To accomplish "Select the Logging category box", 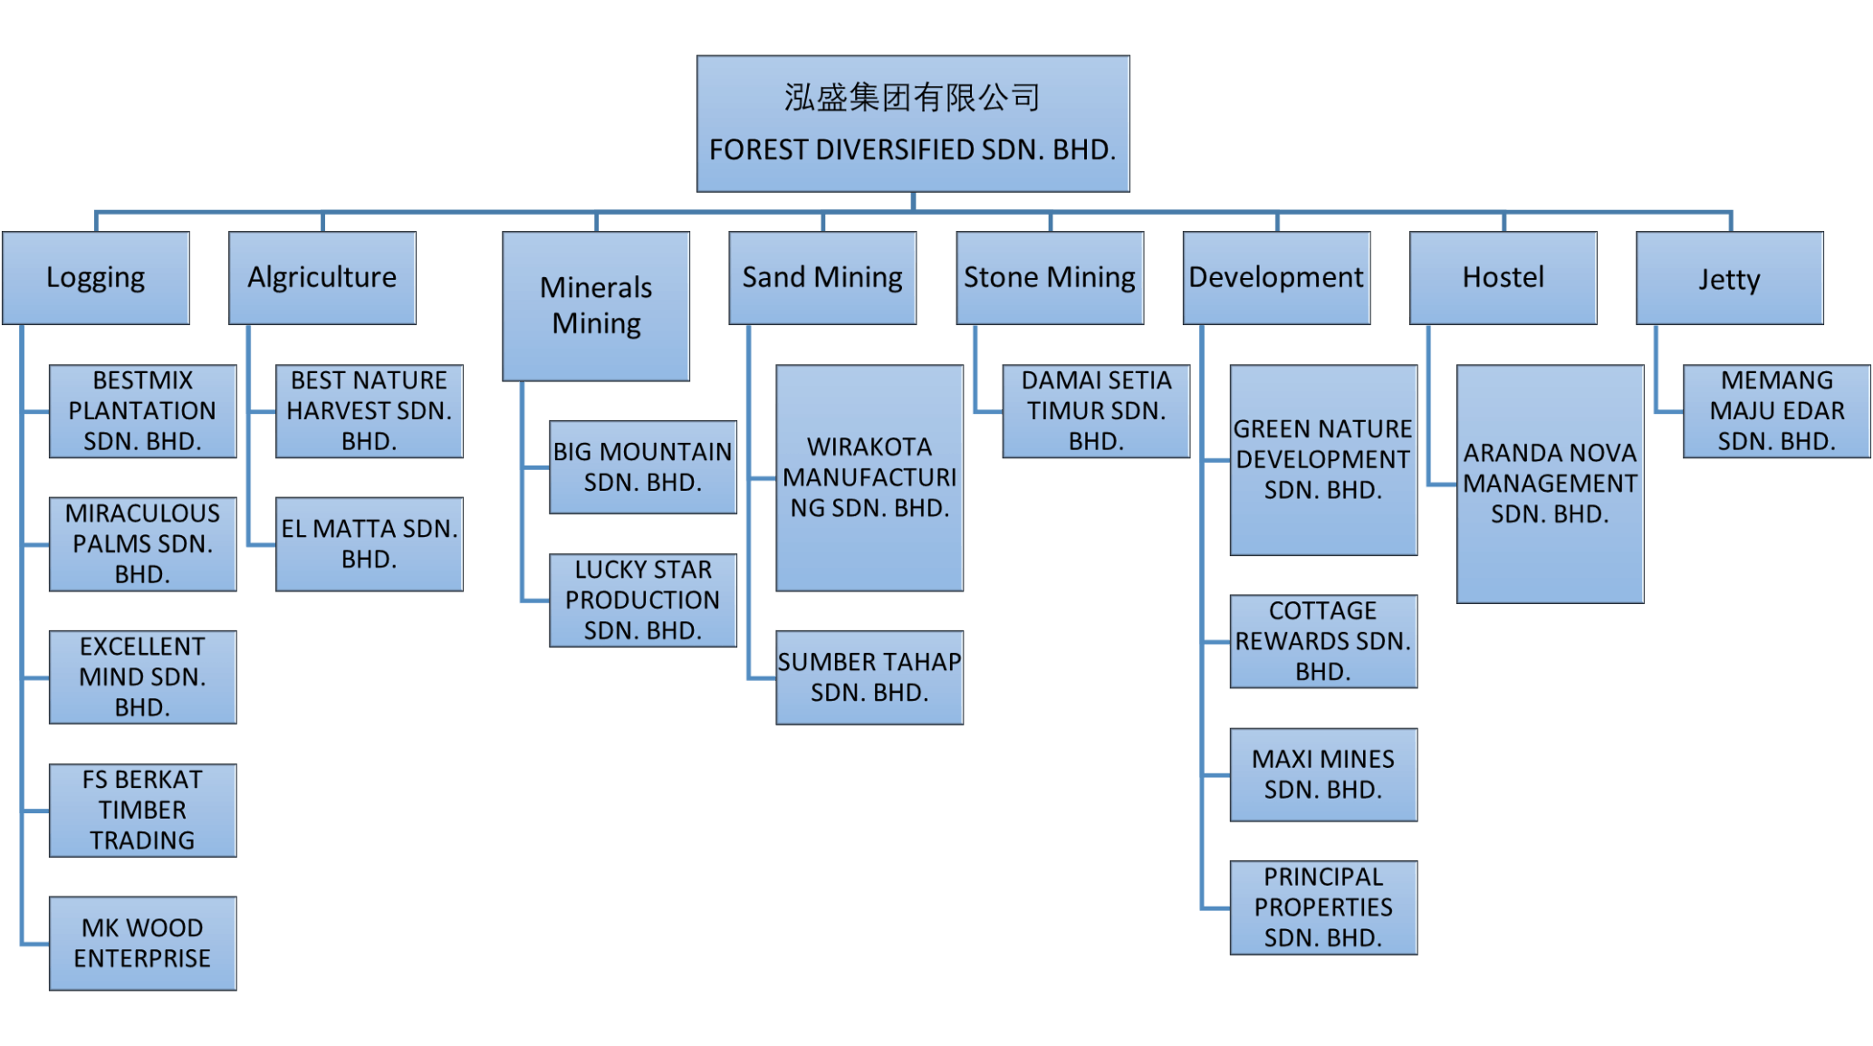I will pos(96,278).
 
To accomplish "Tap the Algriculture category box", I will pos(322,278).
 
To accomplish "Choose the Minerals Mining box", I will pos(596,306).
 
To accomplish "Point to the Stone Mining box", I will pos(1050,278).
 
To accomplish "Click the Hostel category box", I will pos(1503,278).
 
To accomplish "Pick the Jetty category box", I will pos(1730,278).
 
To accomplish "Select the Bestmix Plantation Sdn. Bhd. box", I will pos(143,411).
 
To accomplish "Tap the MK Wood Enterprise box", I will pos(143,943).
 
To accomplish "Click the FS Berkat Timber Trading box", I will pos(143,811).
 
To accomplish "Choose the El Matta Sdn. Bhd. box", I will pos(370,543).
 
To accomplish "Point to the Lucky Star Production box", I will pos(643,600).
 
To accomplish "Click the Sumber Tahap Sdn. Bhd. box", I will pos(869,677).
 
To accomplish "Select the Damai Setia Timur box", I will pos(1096,411).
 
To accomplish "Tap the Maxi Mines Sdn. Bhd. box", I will pos(1323,774).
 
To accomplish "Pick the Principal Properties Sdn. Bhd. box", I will pos(1323,907).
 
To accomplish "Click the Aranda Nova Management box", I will pos(1550,484).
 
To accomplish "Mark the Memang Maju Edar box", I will pos(1777,411).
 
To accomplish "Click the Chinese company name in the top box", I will pos(912,98).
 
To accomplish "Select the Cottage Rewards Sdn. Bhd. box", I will pos(1323,641).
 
